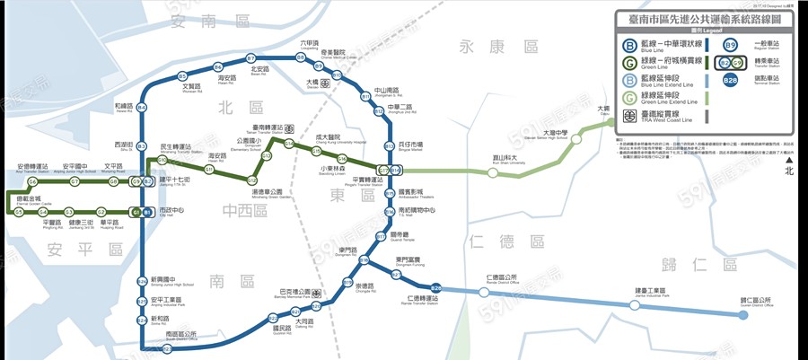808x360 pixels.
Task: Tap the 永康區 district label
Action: click(497, 47)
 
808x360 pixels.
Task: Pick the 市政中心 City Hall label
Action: click(171, 211)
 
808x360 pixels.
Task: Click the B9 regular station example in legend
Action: click(732, 44)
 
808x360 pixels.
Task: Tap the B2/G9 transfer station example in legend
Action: click(732, 63)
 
